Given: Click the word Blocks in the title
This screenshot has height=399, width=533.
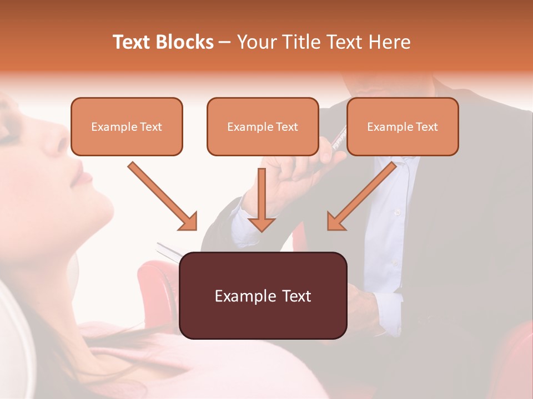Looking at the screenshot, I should click(x=184, y=42).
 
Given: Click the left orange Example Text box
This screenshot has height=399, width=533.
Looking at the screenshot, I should click(x=127, y=127).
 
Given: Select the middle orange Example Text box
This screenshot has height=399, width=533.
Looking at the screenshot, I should click(x=263, y=127).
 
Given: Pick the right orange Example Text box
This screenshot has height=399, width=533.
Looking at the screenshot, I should click(x=403, y=127).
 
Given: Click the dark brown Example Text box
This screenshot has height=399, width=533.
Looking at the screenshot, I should click(x=263, y=296).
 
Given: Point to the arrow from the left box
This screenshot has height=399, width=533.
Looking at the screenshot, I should click(x=162, y=196).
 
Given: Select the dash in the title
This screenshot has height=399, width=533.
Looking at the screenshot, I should click(x=225, y=42).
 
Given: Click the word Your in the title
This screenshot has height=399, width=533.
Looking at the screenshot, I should click(x=257, y=42).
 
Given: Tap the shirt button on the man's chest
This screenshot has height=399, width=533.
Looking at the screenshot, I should click(x=396, y=212).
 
